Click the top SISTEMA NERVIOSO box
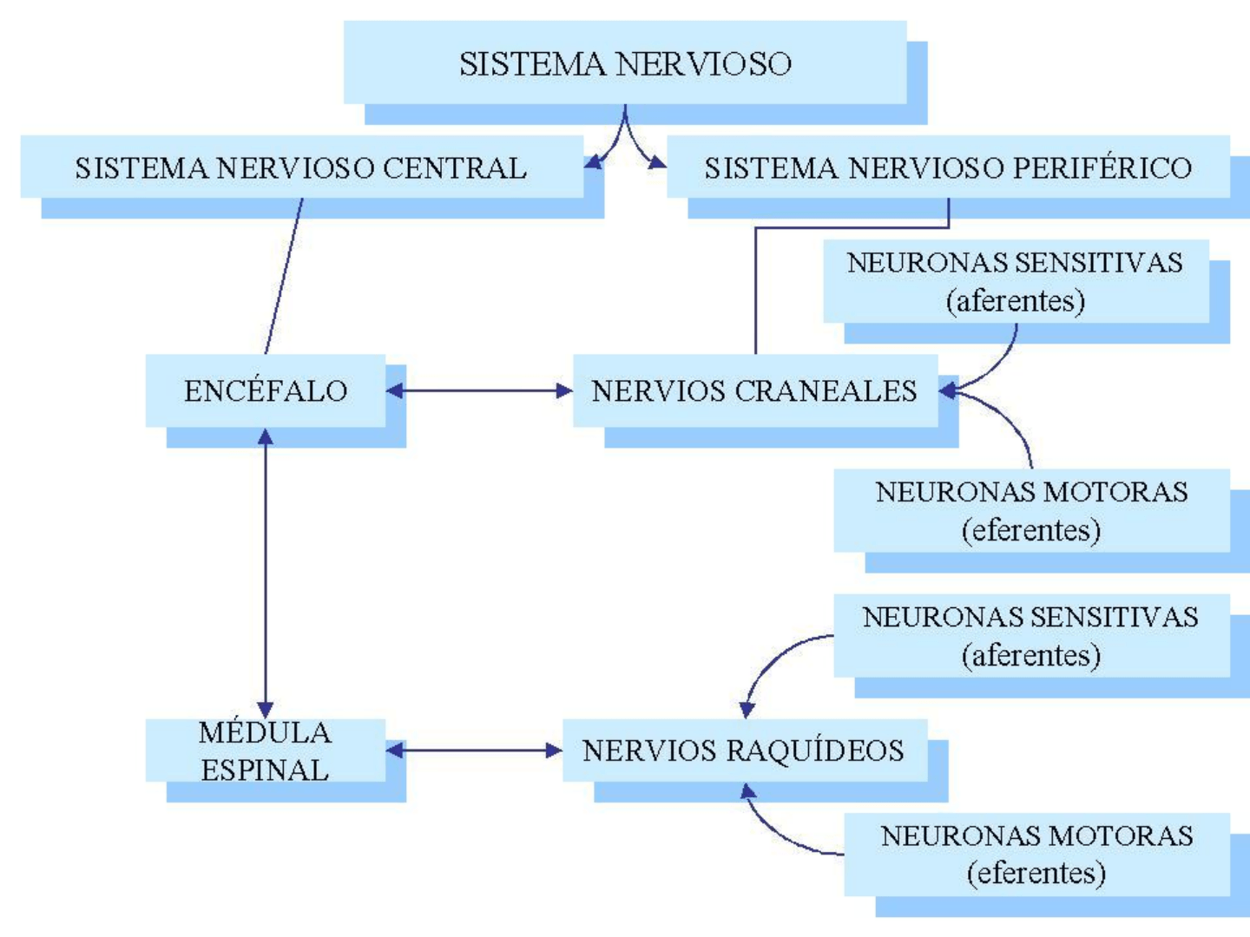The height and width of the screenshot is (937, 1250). tap(625, 63)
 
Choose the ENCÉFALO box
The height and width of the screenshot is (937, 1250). tap(266, 390)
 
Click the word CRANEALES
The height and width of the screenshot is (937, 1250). tap(826, 390)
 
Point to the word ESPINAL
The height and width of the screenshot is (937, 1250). tap(265, 770)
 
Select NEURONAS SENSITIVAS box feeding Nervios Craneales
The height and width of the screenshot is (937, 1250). tap(1016, 281)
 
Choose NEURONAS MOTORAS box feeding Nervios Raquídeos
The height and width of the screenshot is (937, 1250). tap(1036, 854)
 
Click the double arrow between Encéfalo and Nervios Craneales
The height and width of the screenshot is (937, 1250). tap(479, 390)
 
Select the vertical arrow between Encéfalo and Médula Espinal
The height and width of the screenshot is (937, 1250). tap(266, 573)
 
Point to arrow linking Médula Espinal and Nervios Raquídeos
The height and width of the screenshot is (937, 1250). tap(474, 750)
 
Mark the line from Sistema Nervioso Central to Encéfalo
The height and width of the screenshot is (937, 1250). tap(284, 276)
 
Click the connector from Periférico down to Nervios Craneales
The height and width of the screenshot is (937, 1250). tap(755, 286)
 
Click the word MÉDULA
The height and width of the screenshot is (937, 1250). tap(265, 733)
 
